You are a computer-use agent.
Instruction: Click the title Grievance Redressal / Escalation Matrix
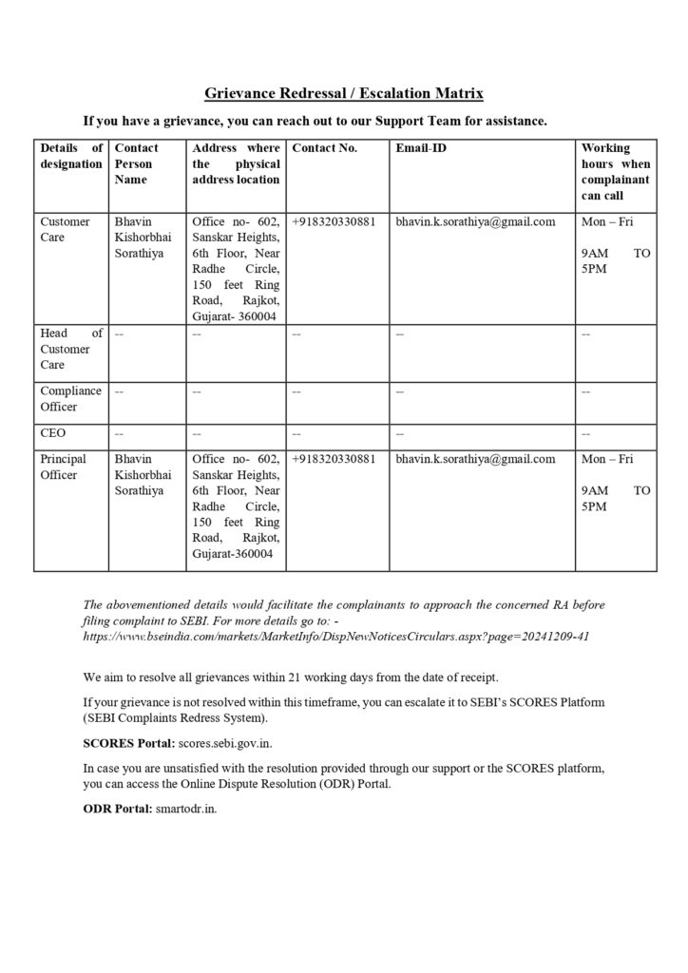click(x=344, y=93)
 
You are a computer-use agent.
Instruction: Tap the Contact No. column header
click(x=325, y=148)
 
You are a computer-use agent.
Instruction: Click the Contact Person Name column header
click(x=136, y=163)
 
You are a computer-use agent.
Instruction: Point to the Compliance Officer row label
click(x=71, y=398)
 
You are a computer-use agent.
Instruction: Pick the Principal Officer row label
click(x=65, y=467)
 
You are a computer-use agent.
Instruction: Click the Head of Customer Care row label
click(x=71, y=349)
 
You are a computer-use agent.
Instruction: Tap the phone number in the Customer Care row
click(x=334, y=222)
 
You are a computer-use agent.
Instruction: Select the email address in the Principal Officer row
click(x=475, y=460)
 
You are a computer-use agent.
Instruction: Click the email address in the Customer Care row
click(x=475, y=222)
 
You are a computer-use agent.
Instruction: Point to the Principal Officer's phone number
click(x=334, y=460)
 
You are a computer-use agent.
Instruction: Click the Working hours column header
click(x=615, y=171)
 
